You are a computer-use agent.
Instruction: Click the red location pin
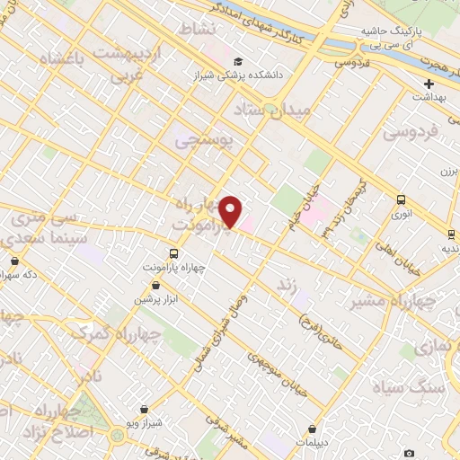click(x=231, y=209)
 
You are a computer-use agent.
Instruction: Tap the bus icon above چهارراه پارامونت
click(x=174, y=253)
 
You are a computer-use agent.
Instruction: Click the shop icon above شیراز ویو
click(x=145, y=409)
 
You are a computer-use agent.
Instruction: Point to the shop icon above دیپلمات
click(x=311, y=429)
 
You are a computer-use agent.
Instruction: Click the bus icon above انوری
click(x=401, y=201)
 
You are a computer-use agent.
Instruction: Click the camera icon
click(x=410, y=453)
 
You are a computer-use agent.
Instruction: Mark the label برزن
click(x=448, y=171)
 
